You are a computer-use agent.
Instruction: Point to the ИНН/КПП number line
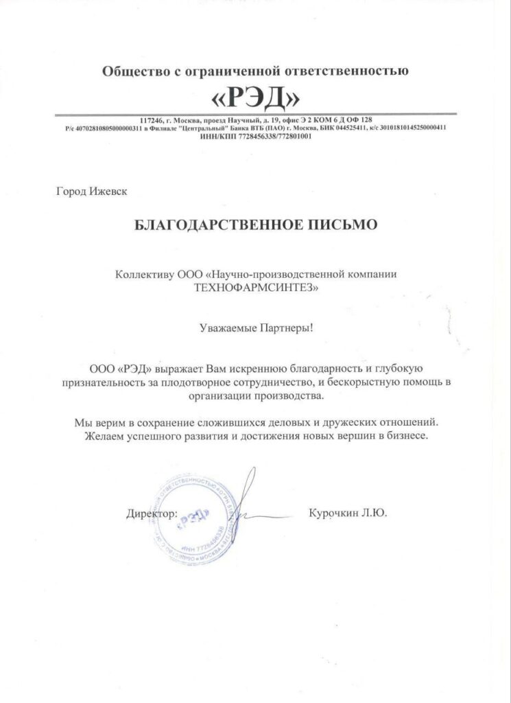pos(255,136)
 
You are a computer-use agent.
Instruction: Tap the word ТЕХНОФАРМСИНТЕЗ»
pos(255,288)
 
